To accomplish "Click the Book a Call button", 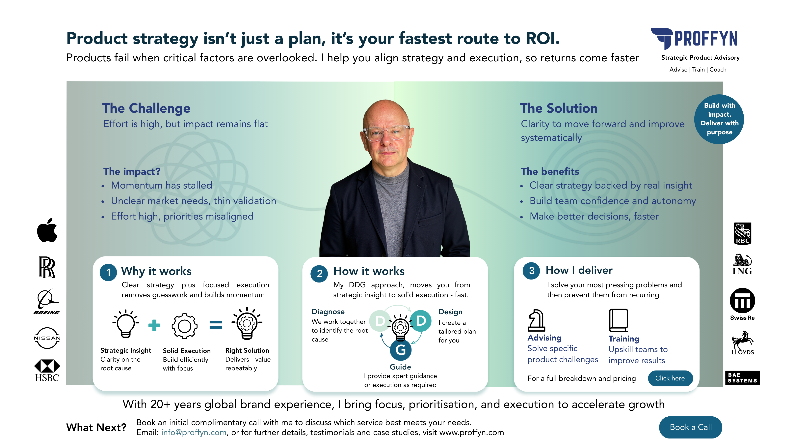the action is click(x=690, y=427).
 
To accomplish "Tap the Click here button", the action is click(x=670, y=378).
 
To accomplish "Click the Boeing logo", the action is click(x=47, y=301).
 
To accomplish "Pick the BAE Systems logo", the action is click(x=742, y=378).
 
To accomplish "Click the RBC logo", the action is click(x=743, y=233).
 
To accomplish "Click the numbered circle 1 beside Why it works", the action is click(x=108, y=272).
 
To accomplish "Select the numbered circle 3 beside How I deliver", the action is click(x=531, y=271).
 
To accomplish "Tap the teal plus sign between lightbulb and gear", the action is click(x=154, y=325).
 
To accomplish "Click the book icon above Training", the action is click(x=618, y=320).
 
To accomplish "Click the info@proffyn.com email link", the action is click(x=194, y=432).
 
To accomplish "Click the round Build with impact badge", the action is click(x=719, y=119).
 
